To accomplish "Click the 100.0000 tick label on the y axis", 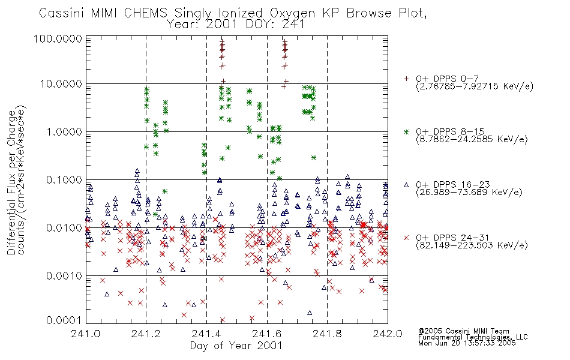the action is point(58,39).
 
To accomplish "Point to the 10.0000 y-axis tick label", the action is point(61,84).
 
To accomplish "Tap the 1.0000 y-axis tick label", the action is point(64,131).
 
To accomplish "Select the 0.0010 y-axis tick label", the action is point(64,276).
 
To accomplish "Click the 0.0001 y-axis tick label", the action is point(64,320).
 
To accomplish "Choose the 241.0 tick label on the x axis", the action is point(85,334).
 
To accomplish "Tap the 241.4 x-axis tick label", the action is point(206,334).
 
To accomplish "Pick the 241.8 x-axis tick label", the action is point(327,334).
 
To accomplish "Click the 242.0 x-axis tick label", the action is point(388,334).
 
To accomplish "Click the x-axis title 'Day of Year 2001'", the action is point(236,346).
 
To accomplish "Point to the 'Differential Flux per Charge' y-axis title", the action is point(11,182).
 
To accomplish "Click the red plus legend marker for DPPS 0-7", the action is point(406,78).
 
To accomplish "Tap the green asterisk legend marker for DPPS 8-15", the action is point(406,131).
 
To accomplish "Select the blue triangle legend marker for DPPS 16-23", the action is point(406,185).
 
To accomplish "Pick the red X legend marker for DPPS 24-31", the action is point(406,238).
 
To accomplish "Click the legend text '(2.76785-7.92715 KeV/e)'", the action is point(475,87).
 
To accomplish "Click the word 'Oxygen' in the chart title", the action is point(292,14).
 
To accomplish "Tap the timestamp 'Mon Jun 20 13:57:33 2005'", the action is point(467,343).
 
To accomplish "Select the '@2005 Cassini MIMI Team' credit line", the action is point(463,331).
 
